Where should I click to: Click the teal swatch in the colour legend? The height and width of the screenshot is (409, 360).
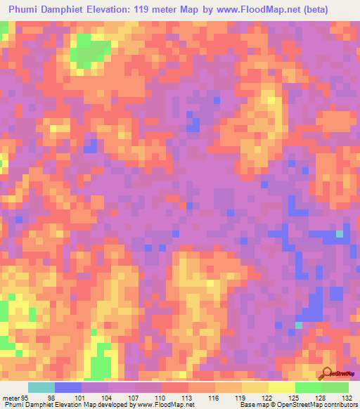click(x=41, y=387)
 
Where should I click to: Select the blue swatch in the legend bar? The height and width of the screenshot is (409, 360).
click(x=68, y=387)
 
